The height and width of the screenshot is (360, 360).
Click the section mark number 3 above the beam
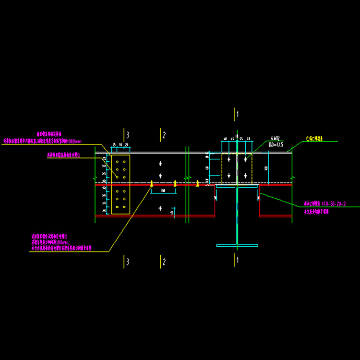(128, 134)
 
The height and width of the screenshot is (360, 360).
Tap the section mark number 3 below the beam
(128, 262)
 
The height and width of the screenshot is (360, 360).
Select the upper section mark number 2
(164, 134)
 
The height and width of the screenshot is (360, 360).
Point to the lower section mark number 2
(164, 262)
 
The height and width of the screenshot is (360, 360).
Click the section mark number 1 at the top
(237, 114)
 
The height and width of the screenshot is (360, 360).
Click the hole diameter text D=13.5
(276, 144)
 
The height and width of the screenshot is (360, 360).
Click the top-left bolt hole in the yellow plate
(117, 162)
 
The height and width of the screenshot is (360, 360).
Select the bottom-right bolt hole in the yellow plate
(125, 207)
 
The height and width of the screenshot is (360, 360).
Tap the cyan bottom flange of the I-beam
(237, 245)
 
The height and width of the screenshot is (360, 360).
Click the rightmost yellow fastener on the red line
(198, 183)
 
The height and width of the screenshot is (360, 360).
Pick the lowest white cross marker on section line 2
(160, 208)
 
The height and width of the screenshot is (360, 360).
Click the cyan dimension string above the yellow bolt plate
(120, 145)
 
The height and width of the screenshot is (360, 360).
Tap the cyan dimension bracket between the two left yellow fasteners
(164, 191)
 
